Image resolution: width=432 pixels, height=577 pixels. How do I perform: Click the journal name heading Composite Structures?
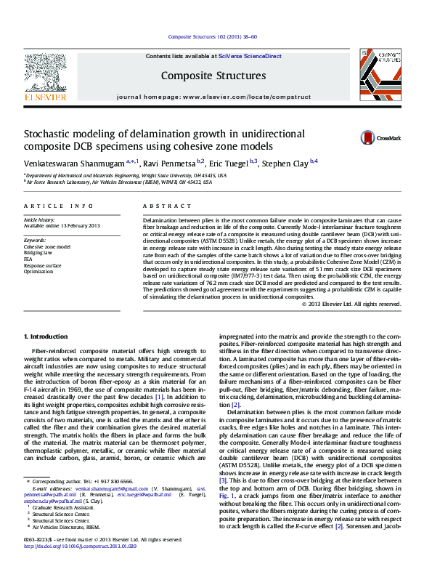click(213, 76)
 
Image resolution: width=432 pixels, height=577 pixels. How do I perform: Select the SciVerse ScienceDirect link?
click(251, 56)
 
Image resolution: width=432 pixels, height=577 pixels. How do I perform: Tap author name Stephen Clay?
click(285, 162)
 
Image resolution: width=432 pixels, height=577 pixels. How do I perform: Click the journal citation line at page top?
click(213, 36)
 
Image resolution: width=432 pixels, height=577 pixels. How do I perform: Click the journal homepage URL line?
click(213, 96)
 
